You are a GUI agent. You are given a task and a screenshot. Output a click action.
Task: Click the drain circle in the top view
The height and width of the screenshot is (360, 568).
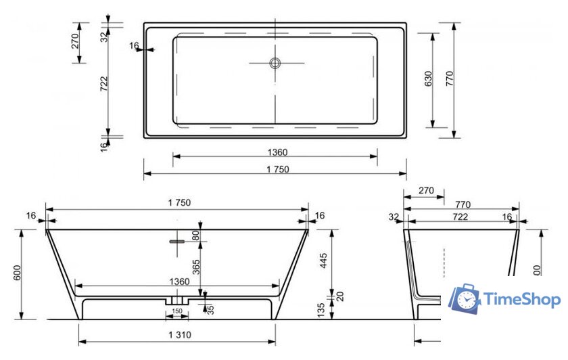pos(275,63)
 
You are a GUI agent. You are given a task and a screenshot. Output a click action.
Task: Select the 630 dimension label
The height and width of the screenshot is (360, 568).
pos(427,79)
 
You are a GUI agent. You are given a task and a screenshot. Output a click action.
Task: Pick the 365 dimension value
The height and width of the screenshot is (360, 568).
pos(196,267)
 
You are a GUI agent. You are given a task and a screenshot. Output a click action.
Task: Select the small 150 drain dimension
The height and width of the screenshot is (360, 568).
pos(177,311)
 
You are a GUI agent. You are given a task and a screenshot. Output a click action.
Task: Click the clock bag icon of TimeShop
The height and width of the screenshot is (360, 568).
pos(465,298)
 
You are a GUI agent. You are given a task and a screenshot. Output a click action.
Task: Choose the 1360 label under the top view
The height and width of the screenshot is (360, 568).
pos(276,152)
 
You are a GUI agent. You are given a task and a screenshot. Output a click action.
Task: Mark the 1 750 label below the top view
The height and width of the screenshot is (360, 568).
pos(275,170)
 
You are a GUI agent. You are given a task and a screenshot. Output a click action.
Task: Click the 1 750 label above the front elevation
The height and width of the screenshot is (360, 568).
pos(177,203)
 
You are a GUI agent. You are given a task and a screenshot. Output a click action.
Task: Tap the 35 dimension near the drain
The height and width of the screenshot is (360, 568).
pos(210,309)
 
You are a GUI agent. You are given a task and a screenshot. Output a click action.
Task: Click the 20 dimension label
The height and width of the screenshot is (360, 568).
pos(340,296)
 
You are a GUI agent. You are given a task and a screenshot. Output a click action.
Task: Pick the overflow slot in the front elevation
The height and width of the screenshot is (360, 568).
pos(177,240)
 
